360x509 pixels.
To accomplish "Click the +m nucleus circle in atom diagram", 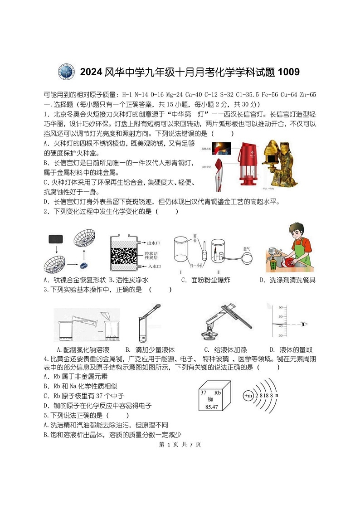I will coord(248,396).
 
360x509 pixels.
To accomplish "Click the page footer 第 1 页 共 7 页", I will coord(180,444).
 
